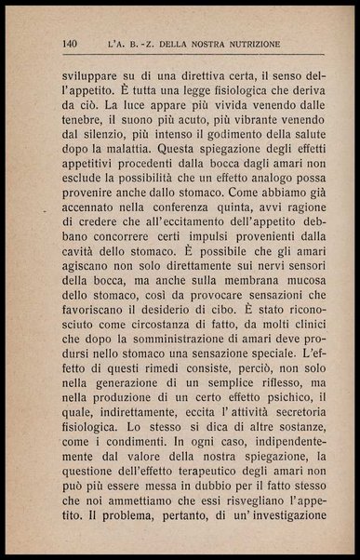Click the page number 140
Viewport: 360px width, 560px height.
[x=70, y=43]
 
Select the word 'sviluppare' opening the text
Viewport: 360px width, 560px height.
[x=90, y=73]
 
